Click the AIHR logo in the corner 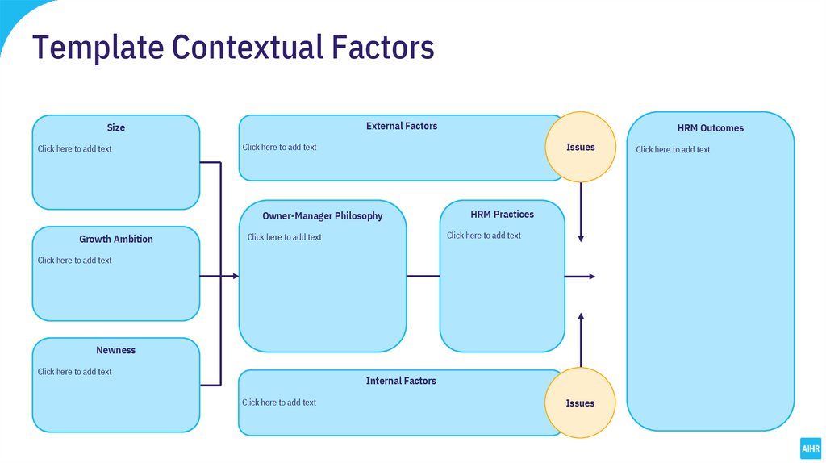tap(810, 448)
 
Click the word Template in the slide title tap(96, 48)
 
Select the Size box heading tap(116, 127)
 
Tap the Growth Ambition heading tap(116, 240)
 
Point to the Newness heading tap(116, 351)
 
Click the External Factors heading tap(402, 127)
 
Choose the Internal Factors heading tap(401, 382)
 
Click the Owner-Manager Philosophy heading tap(323, 216)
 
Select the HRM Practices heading tap(502, 215)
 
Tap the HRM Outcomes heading tap(711, 128)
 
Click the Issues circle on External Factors tap(581, 147)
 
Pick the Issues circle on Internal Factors tap(580, 403)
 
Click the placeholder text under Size tap(75, 149)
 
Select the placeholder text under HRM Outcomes tap(673, 150)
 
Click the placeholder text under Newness tap(75, 372)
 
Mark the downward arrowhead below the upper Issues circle tap(581, 238)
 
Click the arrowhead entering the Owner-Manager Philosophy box tap(235, 277)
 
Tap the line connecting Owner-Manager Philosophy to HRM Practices tap(423, 277)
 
